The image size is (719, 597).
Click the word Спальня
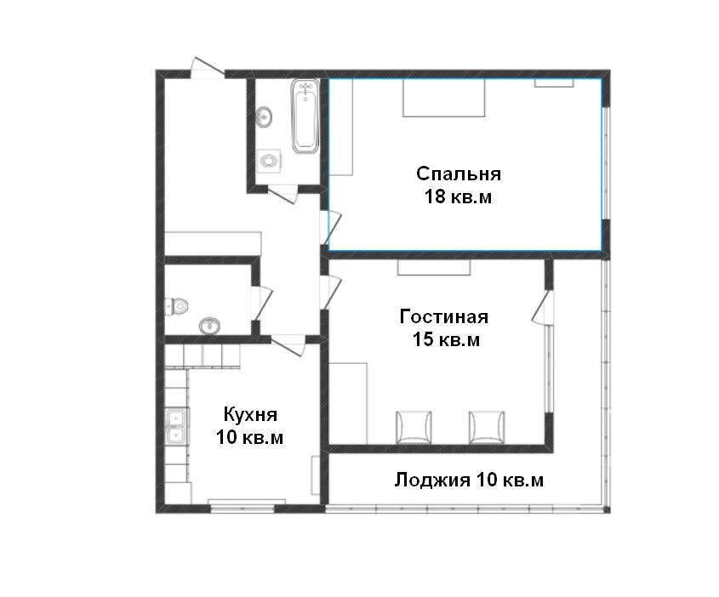coord(459,174)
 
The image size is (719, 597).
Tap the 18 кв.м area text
coord(458,197)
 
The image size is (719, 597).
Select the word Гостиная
coord(444,316)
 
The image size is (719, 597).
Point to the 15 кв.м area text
coord(446,340)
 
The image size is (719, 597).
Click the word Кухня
coord(250,415)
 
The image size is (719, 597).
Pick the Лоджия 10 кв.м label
coord(469,480)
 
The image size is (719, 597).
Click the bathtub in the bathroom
coord(305,116)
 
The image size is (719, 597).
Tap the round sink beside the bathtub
coord(264,117)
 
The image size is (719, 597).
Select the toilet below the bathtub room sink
coord(269,161)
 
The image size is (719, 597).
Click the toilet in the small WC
coord(176,305)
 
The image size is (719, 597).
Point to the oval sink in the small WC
coord(209,326)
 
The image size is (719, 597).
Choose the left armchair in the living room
coord(414,428)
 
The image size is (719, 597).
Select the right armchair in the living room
coord(487,428)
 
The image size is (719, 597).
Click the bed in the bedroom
coord(444,98)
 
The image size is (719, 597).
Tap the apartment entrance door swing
coord(208,67)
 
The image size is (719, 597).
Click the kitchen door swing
coord(288,344)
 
